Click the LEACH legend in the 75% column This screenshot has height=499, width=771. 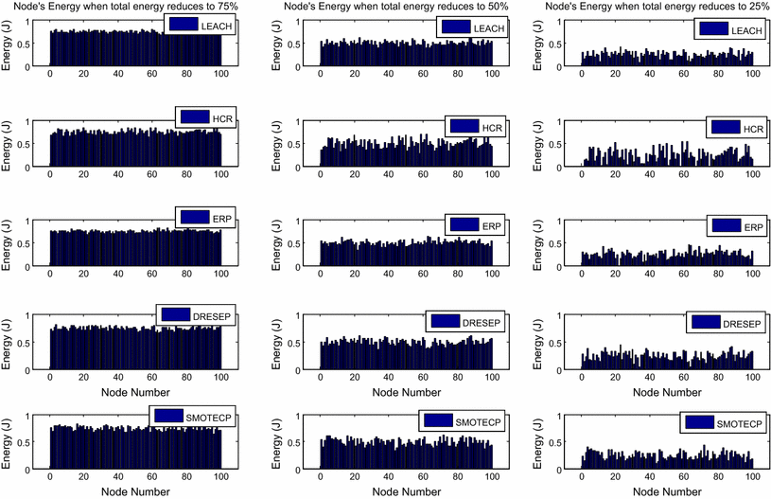[201, 26]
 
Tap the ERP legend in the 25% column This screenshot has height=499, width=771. [736, 226]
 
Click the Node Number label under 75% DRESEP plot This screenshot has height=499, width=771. [135, 391]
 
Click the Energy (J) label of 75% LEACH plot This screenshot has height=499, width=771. [9, 42]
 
